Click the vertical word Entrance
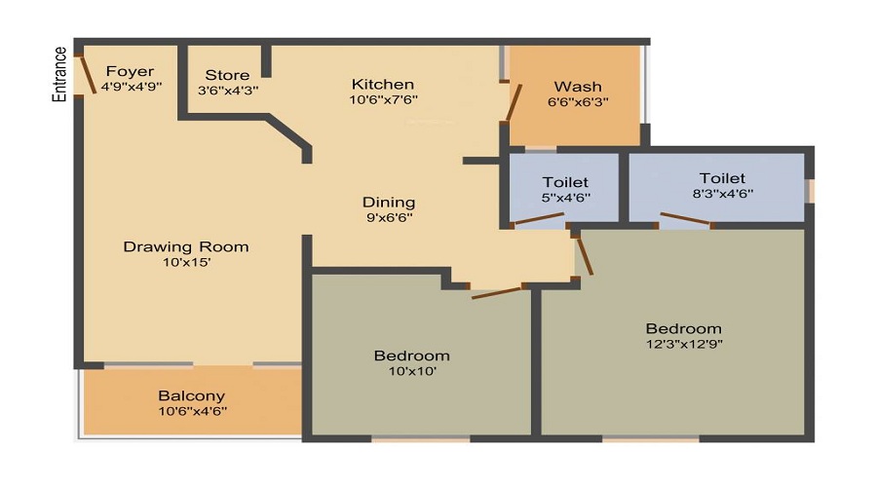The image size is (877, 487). (x=59, y=73)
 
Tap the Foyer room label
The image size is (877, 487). (x=131, y=71)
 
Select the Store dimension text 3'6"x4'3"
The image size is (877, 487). (x=228, y=91)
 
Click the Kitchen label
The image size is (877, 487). (x=383, y=84)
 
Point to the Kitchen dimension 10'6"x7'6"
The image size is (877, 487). (x=383, y=99)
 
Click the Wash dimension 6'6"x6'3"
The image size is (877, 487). (x=578, y=101)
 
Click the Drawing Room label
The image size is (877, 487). (x=185, y=246)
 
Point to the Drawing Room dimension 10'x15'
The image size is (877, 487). (x=185, y=262)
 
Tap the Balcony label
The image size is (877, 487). (x=192, y=395)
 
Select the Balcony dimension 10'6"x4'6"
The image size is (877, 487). (x=192, y=411)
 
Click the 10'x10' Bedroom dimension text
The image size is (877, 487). (x=411, y=371)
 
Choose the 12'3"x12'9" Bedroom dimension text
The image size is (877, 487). (x=683, y=344)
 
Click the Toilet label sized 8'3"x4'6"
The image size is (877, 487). (x=722, y=178)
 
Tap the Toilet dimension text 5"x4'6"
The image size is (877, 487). (x=565, y=198)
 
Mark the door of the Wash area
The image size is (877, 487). (x=513, y=103)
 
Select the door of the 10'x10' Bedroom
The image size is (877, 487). (x=497, y=290)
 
